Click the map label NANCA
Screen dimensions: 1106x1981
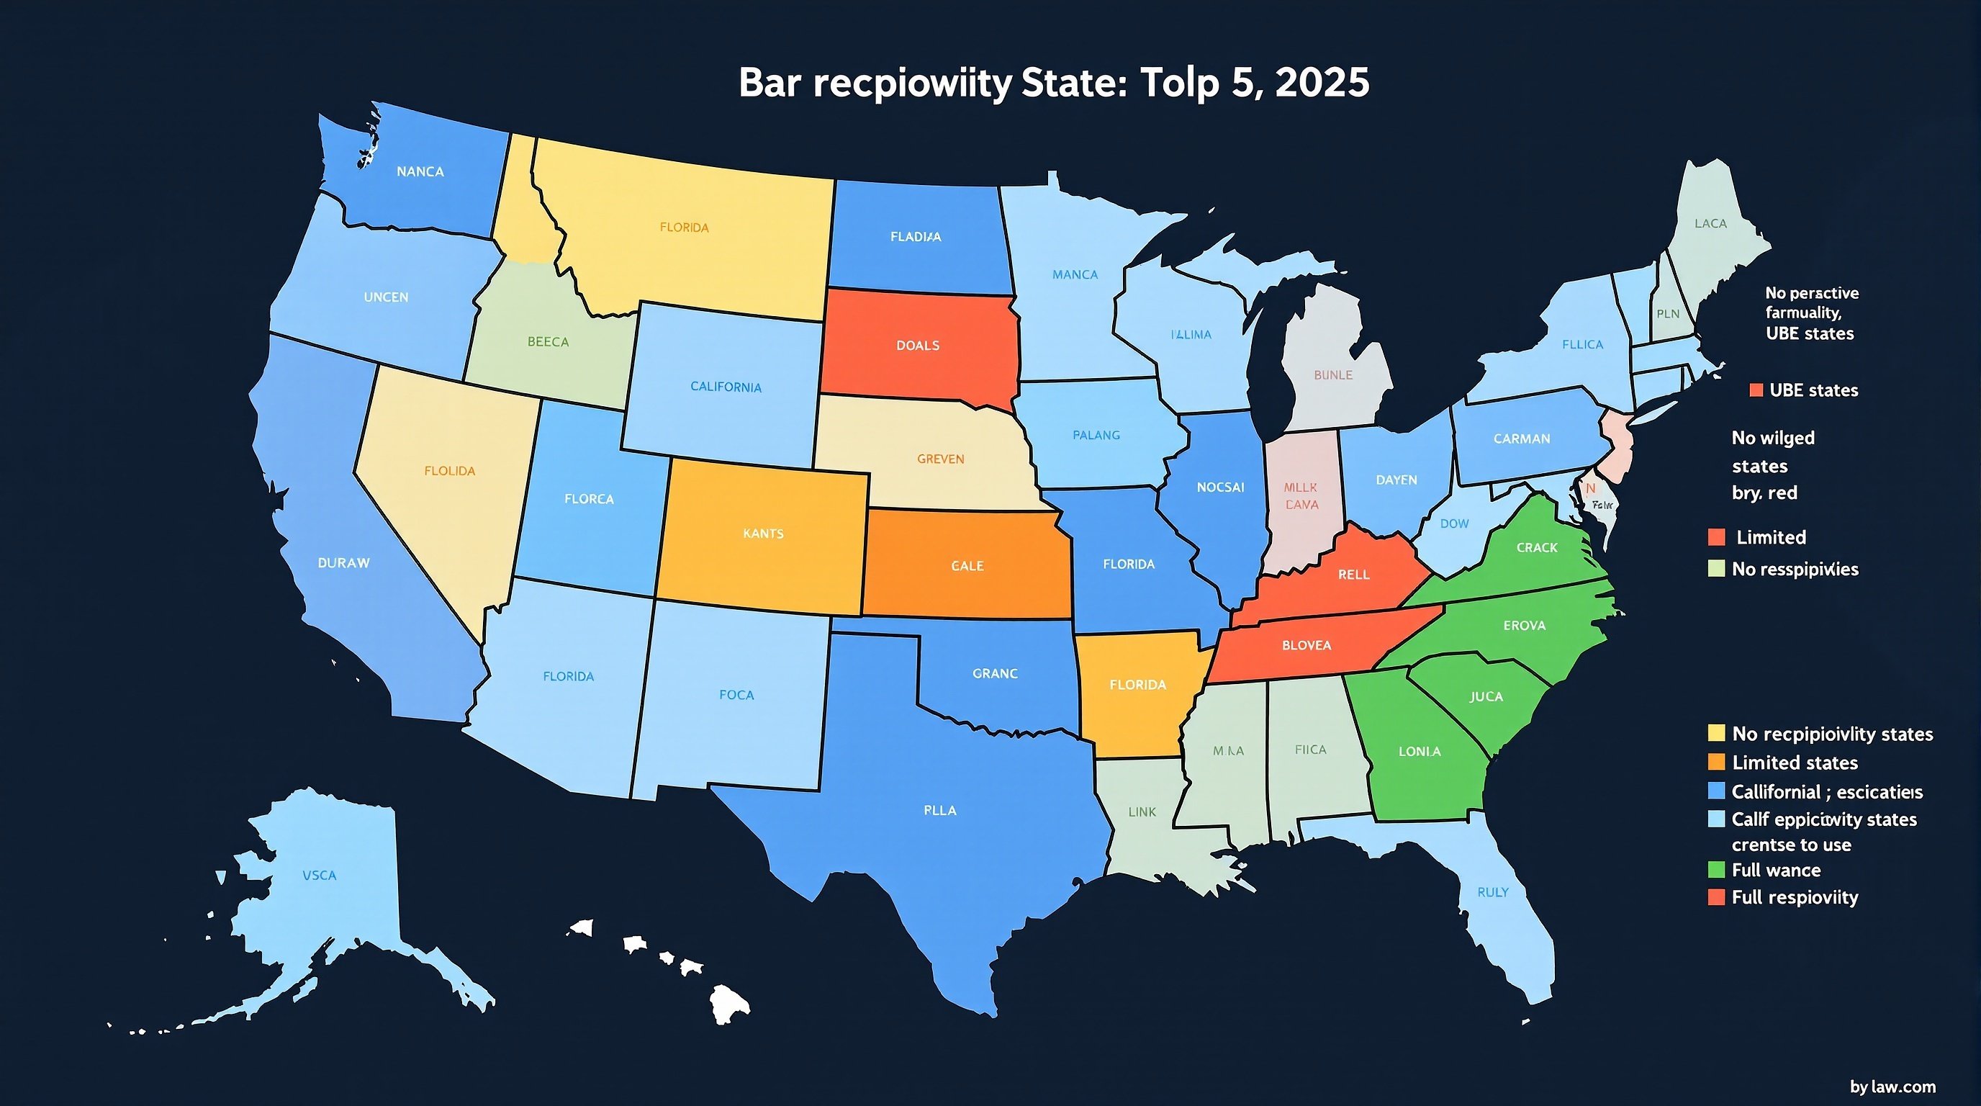[420, 171]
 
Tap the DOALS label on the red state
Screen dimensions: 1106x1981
[918, 346]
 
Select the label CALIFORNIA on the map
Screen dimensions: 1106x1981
[725, 386]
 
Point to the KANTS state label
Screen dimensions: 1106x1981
[763, 533]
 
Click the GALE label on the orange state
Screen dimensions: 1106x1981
[967, 565]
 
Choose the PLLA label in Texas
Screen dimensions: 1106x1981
[939, 810]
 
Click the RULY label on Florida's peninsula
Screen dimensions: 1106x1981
[1493, 892]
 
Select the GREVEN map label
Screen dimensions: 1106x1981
[939, 459]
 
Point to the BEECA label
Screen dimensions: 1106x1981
[548, 341]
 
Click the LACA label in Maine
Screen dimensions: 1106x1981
[1710, 223]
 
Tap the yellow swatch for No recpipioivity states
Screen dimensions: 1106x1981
[1715, 733]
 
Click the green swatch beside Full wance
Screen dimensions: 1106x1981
[1715, 869]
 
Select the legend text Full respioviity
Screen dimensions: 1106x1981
[1794, 896]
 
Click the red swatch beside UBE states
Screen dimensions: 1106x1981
[1756, 390]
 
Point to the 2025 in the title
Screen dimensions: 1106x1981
[1321, 82]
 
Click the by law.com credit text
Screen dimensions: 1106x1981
[1892, 1086]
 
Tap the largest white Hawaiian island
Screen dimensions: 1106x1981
[728, 1004]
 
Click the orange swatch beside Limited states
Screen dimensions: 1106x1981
[1715, 763]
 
